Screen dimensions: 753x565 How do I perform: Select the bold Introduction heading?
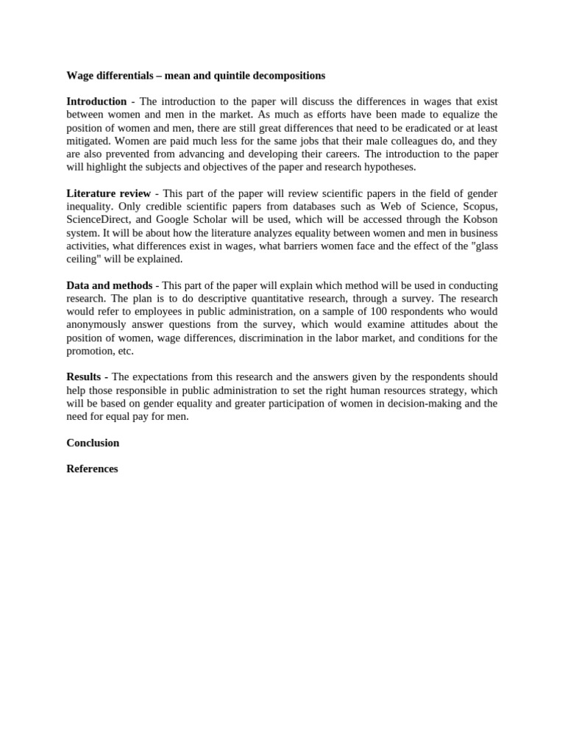coord(96,101)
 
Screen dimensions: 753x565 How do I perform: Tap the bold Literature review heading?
coord(108,193)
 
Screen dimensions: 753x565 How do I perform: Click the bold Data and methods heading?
coord(110,285)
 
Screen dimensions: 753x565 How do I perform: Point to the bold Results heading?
coord(85,377)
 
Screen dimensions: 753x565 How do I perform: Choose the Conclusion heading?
coord(93,443)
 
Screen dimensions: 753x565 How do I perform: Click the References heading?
coord(92,469)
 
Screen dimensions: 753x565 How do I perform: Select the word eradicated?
coord(408,128)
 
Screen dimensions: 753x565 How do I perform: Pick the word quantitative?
coord(274,299)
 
